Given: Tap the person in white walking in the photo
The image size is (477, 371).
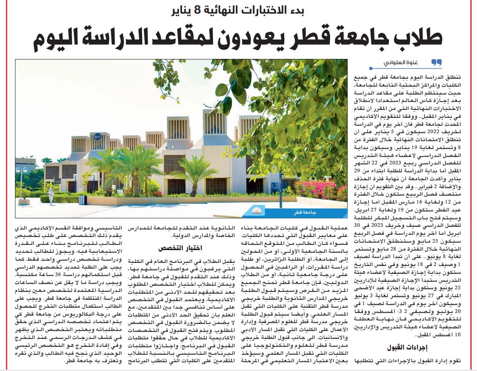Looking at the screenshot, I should [x=51, y=193].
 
